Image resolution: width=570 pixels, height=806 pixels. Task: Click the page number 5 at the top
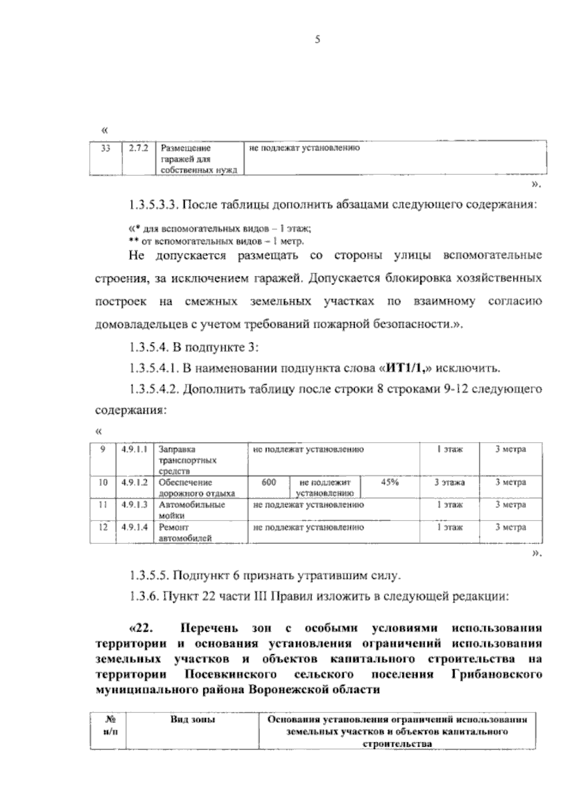click(x=318, y=40)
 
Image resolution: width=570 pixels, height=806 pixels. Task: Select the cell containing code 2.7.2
click(x=139, y=148)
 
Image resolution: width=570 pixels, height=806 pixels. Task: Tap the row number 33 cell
click(x=105, y=148)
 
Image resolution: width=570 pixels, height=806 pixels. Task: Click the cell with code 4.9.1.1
click(x=134, y=449)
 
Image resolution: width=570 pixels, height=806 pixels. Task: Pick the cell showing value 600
click(x=269, y=483)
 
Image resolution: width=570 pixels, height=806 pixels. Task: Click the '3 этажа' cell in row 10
click(x=449, y=483)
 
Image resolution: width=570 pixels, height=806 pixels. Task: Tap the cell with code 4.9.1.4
click(x=134, y=527)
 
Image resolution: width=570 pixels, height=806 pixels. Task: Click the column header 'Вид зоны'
click(x=193, y=720)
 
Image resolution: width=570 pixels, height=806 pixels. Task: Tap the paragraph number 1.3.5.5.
click(x=148, y=576)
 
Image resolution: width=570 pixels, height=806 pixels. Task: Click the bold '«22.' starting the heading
click(x=140, y=628)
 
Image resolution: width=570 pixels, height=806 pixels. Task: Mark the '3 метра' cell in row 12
click(x=511, y=527)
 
